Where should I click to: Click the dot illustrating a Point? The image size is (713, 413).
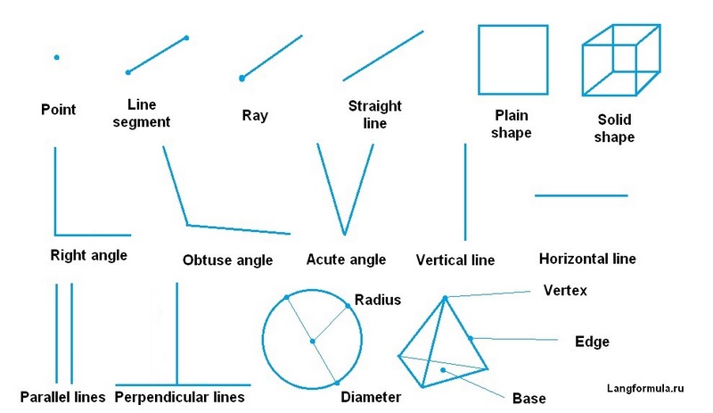click(56, 57)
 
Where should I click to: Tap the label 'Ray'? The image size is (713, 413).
click(254, 116)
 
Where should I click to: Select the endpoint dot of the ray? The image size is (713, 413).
click(242, 78)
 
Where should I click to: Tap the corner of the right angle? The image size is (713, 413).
click(55, 234)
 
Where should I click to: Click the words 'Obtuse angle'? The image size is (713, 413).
click(227, 260)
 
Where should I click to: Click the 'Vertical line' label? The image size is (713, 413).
click(455, 260)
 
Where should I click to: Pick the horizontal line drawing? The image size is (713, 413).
click(581, 195)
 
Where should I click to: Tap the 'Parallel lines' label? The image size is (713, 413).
click(62, 396)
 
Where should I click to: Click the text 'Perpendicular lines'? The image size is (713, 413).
click(180, 396)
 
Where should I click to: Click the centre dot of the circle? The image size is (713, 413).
click(312, 341)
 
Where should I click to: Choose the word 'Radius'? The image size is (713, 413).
click(377, 300)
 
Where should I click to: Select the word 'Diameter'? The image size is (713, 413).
click(371, 396)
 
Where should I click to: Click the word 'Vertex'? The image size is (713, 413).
click(565, 291)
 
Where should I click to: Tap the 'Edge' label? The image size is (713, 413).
click(593, 341)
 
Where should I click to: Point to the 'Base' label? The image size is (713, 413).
click(529, 398)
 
